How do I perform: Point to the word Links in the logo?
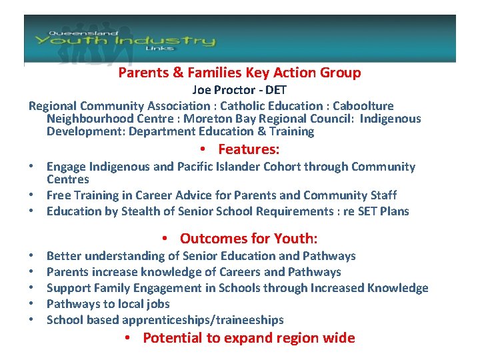pyautogui.click(x=158, y=48)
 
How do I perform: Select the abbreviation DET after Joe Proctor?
pyautogui.click(x=276, y=90)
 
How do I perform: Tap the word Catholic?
pyautogui.click(x=242, y=106)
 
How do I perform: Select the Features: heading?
pyautogui.click(x=249, y=149)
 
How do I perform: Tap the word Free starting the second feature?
pyautogui.click(x=59, y=195)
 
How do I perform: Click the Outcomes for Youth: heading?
pyautogui.click(x=249, y=239)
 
